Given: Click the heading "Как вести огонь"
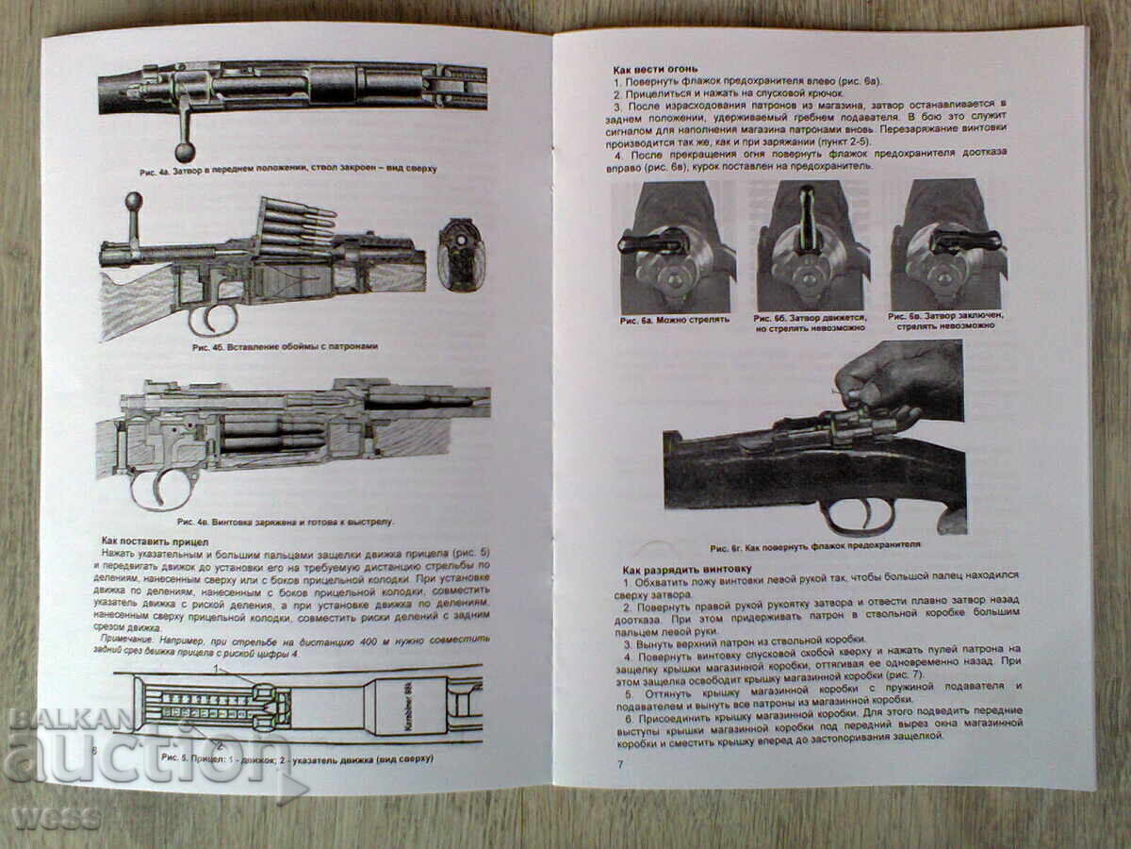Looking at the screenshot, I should [x=655, y=70].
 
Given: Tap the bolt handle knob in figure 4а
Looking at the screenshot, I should [x=185, y=151].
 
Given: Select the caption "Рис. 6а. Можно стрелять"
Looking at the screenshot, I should [x=675, y=320].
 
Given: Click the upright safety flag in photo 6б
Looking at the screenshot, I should [x=807, y=219].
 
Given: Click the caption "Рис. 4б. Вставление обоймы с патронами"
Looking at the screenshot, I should [x=285, y=347].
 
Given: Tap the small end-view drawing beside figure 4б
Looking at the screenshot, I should [x=462, y=254].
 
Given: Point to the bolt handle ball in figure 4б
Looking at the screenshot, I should [x=134, y=200].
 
